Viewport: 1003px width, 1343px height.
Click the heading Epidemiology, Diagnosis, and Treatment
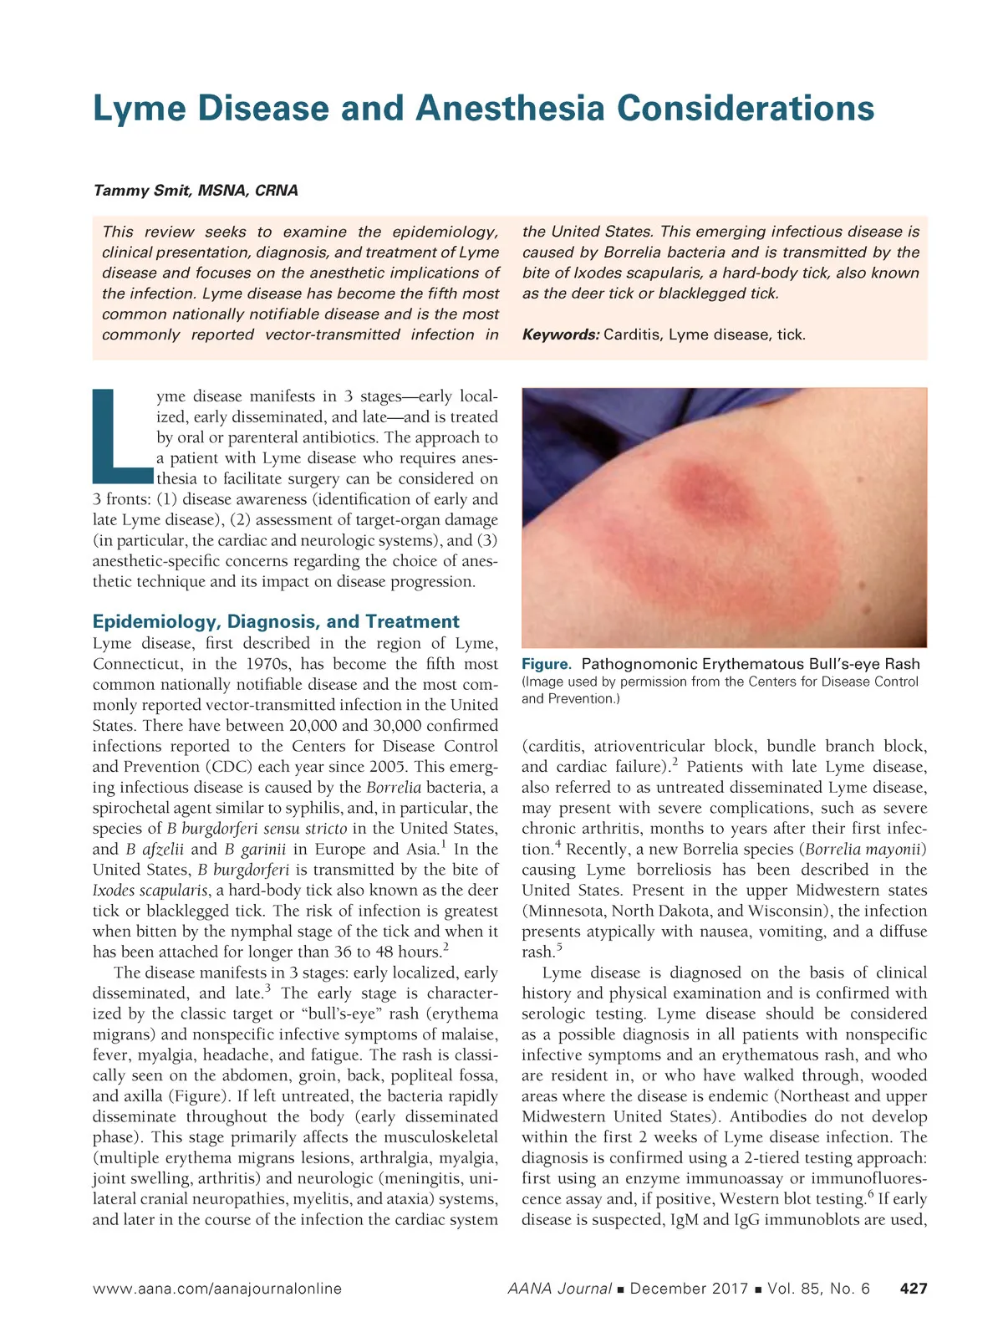[x=276, y=621]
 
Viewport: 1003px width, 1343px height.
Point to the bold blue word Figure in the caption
[x=546, y=664]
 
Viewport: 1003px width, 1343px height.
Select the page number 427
[x=913, y=1289]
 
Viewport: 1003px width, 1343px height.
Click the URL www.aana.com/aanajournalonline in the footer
[x=217, y=1289]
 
